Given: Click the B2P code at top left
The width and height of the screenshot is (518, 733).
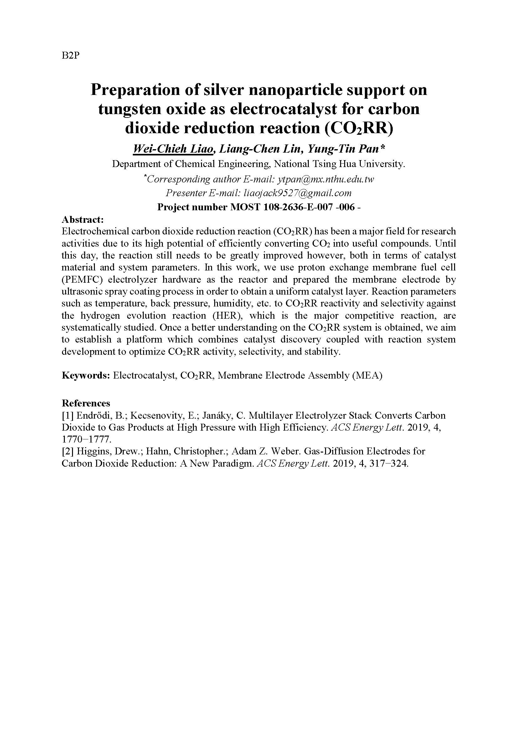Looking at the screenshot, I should [70, 55].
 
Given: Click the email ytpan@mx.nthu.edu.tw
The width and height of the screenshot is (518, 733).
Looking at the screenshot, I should [326, 179].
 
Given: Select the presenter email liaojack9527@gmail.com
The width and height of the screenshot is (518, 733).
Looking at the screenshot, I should [298, 193].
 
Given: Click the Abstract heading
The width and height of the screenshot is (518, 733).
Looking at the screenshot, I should [83, 220].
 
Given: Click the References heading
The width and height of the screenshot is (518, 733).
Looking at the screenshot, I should [86, 403].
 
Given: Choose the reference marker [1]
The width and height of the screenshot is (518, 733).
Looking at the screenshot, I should [68, 416].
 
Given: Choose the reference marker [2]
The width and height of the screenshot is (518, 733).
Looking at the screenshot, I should [68, 451].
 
